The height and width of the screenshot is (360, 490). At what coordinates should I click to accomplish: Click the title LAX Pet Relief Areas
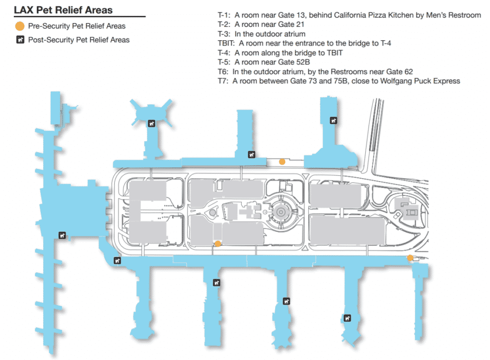tap(63, 10)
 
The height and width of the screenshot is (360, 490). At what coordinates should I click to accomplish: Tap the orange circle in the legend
tap(20, 26)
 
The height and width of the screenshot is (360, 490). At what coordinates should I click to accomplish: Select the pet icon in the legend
tap(20, 40)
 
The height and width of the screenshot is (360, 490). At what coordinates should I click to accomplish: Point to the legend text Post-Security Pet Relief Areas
tap(78, 40)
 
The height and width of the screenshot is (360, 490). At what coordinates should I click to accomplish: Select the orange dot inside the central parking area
tap(218, 244)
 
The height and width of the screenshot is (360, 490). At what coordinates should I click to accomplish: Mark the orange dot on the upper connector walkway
tap(282, 162)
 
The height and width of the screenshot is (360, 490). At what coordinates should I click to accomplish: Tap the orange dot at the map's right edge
tap(410, 258)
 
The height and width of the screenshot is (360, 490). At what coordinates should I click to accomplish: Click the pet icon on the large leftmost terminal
tap(61, 235)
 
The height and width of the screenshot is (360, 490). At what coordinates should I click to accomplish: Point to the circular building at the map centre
tap(280, 210)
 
